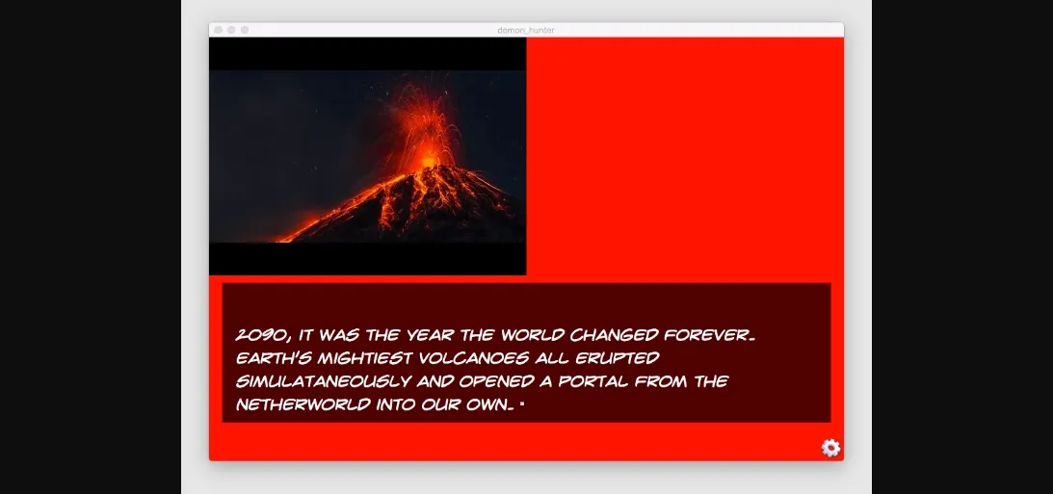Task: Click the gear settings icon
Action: [830, 448]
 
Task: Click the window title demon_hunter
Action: [526, 30]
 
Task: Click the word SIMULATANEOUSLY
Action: [323, 381]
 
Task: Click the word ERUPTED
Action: [618, 358]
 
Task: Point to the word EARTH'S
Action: [274, 358]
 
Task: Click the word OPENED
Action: [496, 381]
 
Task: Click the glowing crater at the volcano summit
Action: [428, 162]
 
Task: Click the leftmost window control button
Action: [218, 30]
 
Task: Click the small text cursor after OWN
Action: [522, 404]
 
